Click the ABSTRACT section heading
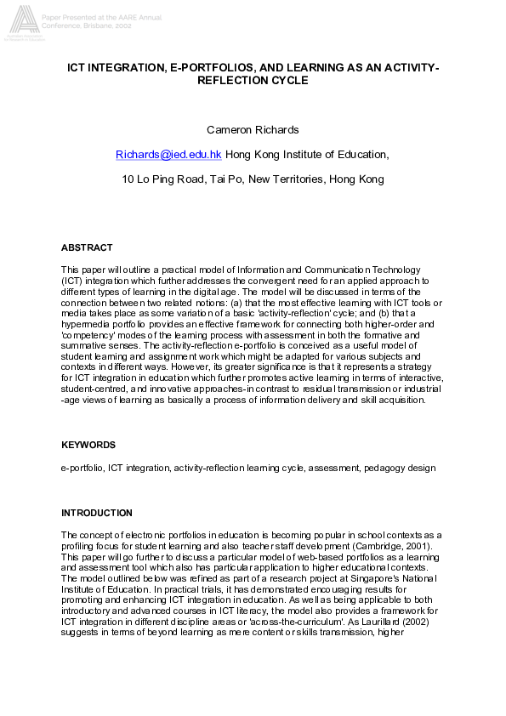click(87, 247)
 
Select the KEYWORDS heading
click(88, 445)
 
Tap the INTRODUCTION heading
click(97, 513)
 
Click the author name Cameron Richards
click(253, 129)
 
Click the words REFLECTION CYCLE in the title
click(253, 80)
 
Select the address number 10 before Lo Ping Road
click(128, 179)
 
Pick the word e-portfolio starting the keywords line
click(82, 468)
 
